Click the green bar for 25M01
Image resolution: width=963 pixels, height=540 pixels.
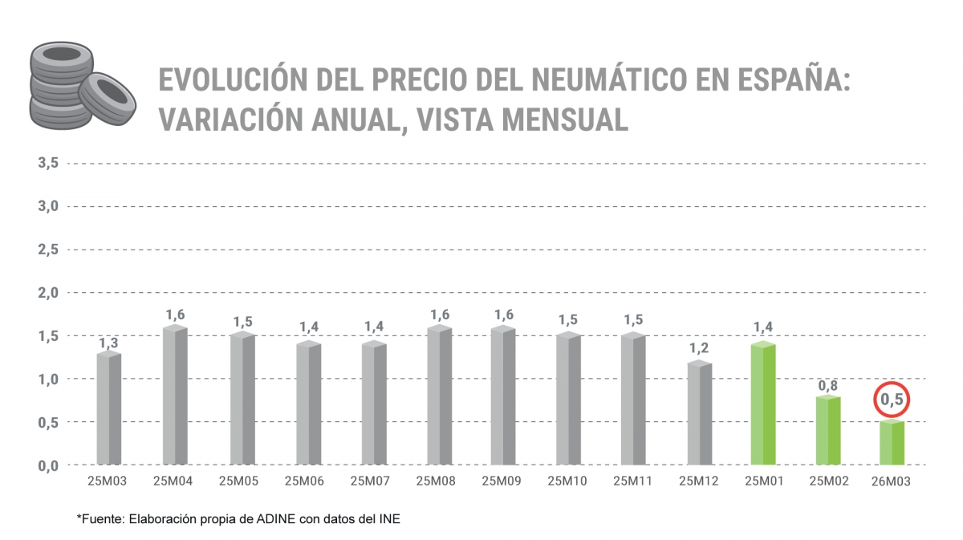[x=762, y=404]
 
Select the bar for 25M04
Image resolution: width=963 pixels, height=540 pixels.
[x=175, y=395]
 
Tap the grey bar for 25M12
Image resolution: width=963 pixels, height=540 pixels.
[x=700, y=412]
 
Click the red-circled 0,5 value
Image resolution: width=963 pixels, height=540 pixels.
[x=892, y=399]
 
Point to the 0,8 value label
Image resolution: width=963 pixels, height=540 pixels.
[x=828, y=386]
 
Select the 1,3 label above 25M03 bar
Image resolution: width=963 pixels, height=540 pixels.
[x=108, y=343]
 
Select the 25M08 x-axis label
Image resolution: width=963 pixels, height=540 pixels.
[x=437, y=481]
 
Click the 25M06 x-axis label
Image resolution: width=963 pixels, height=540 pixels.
[x=305, y=481]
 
